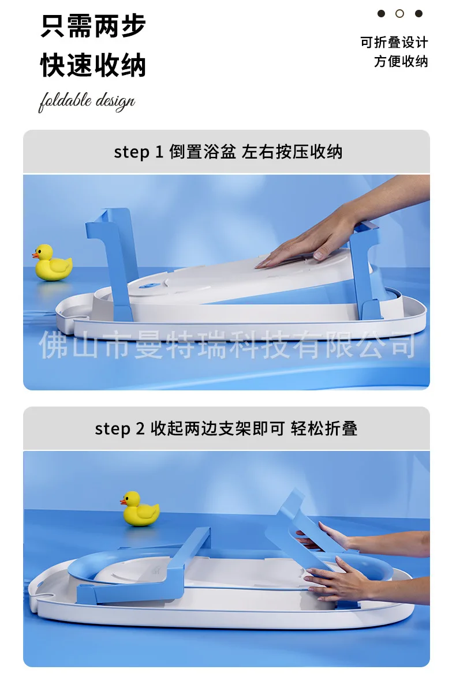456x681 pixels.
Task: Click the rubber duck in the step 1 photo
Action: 52,262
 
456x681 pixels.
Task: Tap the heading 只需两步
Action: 93,26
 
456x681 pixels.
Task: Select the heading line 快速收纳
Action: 93,65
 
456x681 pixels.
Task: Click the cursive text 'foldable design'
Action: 87,101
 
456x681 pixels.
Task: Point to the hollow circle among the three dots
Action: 399,14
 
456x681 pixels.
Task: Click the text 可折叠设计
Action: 394,43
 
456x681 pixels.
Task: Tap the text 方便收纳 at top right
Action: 401,61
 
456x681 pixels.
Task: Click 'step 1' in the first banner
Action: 138,152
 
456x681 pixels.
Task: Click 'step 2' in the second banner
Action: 119,429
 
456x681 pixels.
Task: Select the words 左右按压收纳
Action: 292,152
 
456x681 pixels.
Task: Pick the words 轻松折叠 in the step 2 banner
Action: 324,428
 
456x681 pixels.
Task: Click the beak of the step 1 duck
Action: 34,255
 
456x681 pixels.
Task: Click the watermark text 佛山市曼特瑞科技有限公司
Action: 227,345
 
